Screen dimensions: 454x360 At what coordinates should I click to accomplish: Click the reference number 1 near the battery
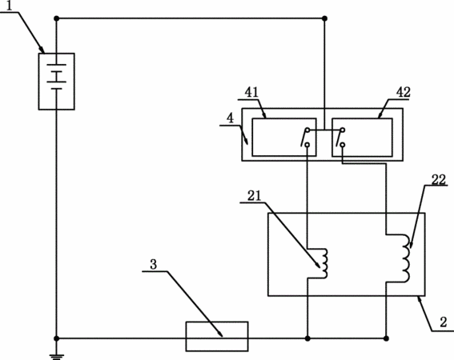[10, 6]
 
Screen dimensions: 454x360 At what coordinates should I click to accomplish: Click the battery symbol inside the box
[57, 77]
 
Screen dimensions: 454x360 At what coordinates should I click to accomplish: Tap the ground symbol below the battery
[57, 357]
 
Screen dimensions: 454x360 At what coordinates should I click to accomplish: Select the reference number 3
[154, 265]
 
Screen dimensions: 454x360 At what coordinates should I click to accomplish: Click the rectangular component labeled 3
[217, 336]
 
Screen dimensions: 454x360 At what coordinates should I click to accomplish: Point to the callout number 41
[251, 92]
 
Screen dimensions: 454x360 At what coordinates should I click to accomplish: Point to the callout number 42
[404, 92]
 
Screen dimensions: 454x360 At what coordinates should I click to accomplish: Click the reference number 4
[230, 118]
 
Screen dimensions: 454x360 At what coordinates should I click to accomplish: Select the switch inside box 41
[306, 138]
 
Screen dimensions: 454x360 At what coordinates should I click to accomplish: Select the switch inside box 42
[340, 138]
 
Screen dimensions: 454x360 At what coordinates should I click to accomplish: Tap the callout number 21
[254, 196]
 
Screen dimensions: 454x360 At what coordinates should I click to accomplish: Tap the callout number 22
[438, 180]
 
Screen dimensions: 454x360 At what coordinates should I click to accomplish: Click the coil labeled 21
[324, 263]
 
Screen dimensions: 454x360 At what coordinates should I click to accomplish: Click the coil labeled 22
[405, 258]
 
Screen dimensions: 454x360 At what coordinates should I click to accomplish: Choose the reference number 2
[444, 322]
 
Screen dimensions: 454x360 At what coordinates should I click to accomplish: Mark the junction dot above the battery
[57, 18]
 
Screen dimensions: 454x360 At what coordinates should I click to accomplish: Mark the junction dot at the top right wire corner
[324, 18]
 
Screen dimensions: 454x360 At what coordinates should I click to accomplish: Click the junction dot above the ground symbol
[57, 338]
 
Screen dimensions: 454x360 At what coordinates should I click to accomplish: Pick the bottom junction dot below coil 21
[307, 338]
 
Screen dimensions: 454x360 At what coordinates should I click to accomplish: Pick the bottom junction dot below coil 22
[386, 338]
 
